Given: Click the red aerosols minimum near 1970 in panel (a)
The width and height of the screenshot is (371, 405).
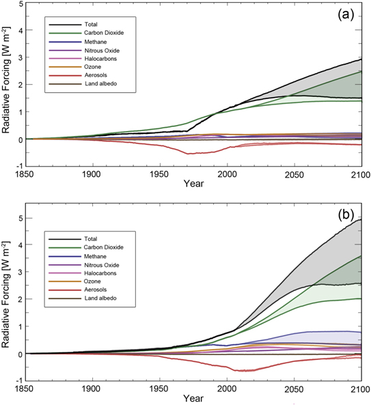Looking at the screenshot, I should [189, 154].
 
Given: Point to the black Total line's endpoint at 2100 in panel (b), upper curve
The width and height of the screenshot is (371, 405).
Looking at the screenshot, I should [361, 219].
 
